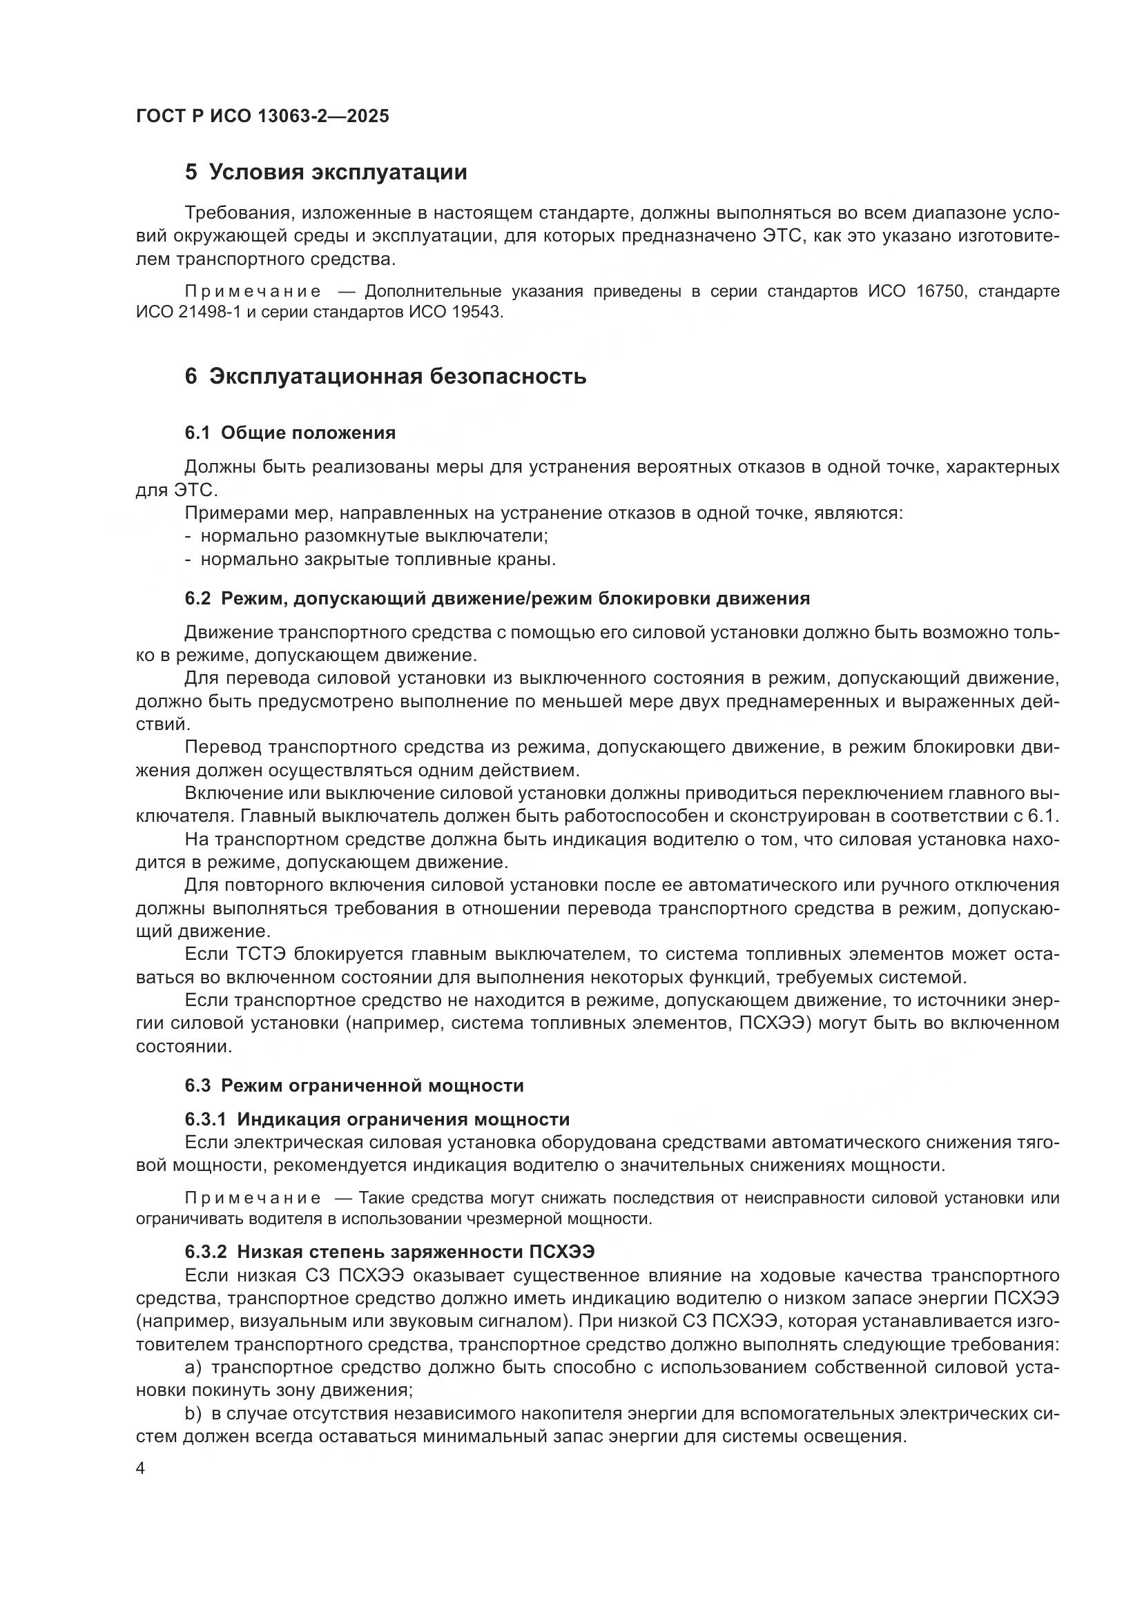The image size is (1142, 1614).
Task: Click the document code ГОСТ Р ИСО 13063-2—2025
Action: (x=262, y=117)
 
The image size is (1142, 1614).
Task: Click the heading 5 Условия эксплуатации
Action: (x=326, y=173)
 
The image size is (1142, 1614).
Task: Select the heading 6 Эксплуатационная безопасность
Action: (x=385, y=377)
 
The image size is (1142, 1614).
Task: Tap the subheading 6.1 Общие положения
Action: (x=290, y=433)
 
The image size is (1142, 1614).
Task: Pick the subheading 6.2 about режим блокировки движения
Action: (x=497, y=599)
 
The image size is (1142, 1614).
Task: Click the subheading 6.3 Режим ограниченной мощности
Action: (x=354, y=1085)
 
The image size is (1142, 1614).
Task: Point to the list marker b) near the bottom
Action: (x=193, y=1414)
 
